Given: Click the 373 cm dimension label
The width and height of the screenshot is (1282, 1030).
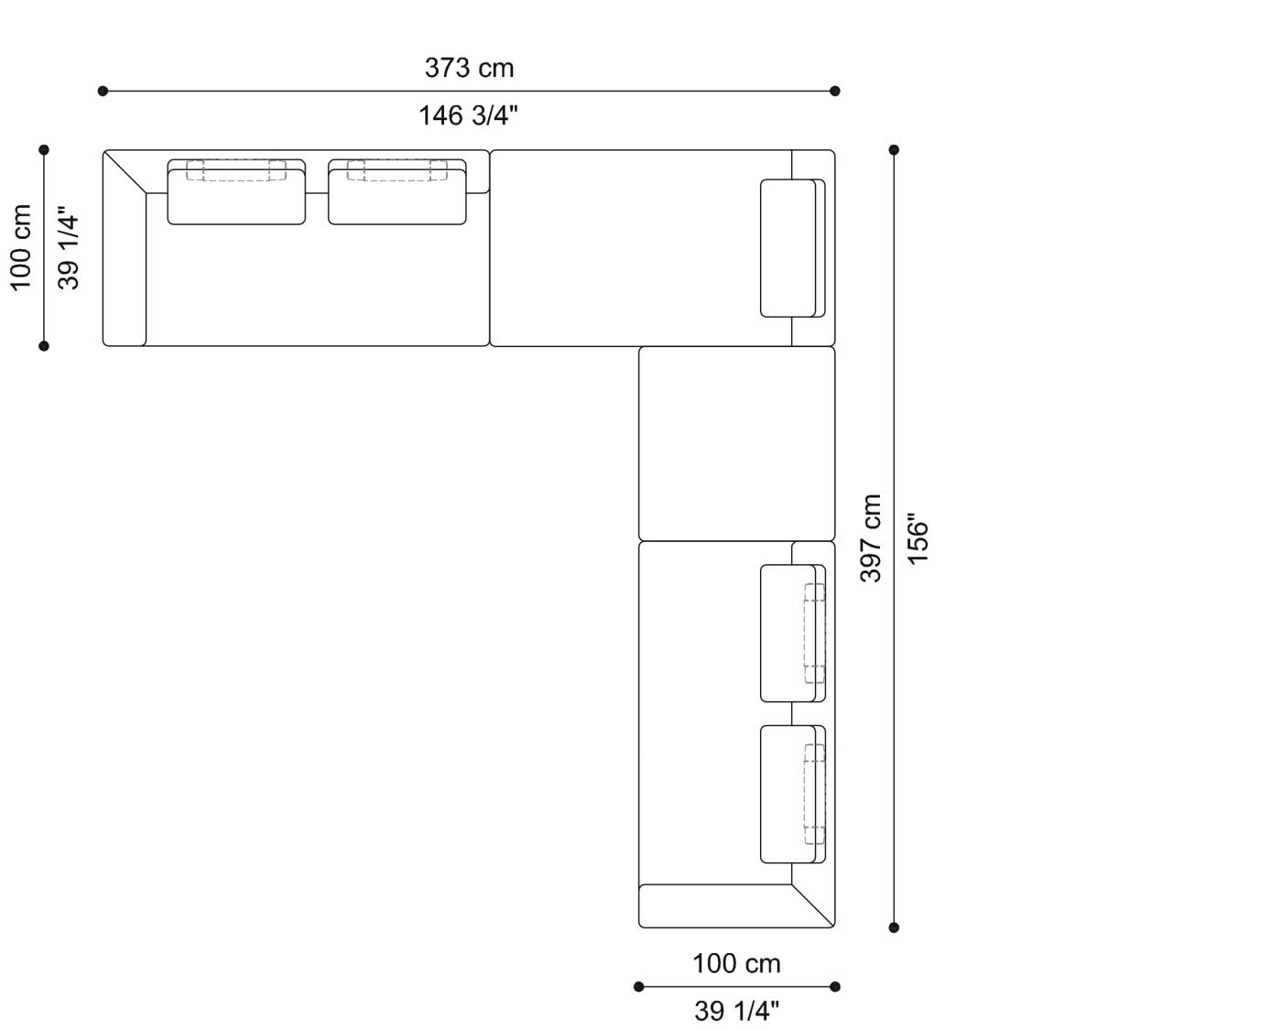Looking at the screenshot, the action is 469,69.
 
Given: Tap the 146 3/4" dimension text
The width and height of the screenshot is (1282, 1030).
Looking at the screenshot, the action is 469,116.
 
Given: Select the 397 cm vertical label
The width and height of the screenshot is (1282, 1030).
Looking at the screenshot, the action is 871,538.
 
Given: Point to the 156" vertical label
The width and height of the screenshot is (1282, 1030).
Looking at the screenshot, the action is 918,538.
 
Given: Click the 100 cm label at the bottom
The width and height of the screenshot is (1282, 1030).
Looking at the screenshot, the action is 736,964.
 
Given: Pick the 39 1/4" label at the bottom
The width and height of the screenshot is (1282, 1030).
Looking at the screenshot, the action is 736,1012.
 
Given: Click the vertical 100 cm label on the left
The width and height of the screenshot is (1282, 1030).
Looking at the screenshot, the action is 22,247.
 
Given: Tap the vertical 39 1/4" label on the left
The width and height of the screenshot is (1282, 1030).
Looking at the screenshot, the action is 70,247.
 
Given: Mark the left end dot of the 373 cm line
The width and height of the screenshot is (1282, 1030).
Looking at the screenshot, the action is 103,91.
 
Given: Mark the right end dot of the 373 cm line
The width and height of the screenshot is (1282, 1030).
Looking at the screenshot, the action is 835,91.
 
